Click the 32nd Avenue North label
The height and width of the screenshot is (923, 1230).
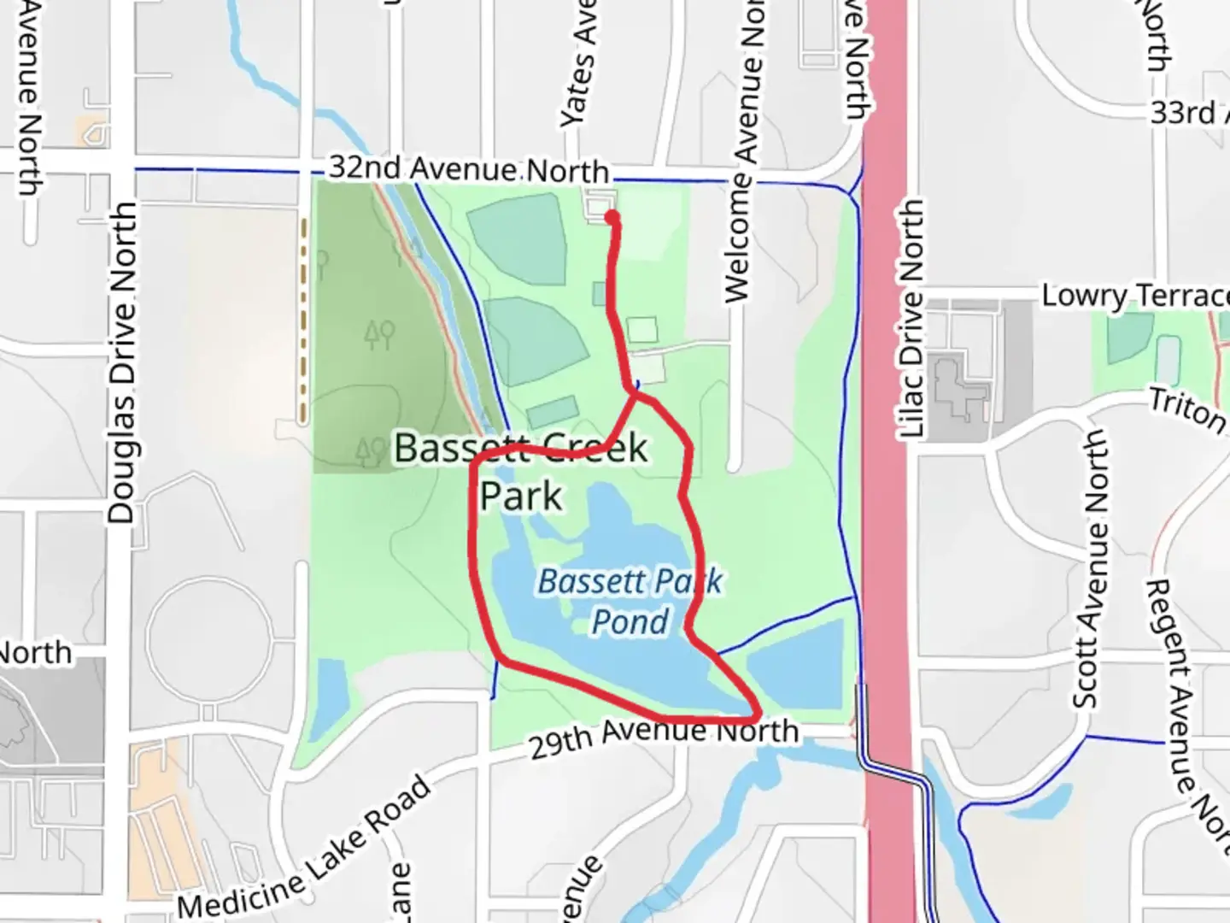click(468, 168)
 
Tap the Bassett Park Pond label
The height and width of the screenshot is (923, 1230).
click(630, 602)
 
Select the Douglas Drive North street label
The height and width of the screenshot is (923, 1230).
click(122, 362)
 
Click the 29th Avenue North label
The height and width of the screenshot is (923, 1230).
click(665, 738)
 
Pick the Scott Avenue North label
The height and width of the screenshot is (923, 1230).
click(1090, 569)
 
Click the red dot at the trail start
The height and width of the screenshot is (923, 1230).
click(612, 218)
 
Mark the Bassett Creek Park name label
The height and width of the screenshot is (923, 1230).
click(521, 471)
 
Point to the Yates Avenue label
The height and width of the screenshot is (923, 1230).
click(579, 65)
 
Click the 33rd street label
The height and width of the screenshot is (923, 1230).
click(1184, 112)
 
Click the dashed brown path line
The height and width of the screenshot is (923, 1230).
click(303, 320)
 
